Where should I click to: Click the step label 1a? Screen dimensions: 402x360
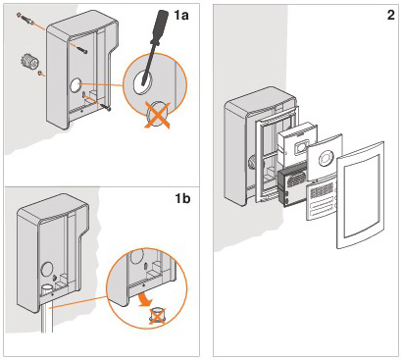pos(181,15)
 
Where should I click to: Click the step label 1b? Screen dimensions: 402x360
pos(182,198)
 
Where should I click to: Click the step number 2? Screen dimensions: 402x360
pos(390,15)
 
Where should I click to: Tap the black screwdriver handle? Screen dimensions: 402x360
pos(161,26)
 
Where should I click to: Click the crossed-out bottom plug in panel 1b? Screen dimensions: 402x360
pos(156,316)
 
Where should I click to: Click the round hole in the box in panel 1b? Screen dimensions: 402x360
pos(47,271)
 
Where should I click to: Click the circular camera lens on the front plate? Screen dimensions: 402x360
pos(326,159)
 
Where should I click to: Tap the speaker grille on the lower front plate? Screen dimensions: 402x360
pos(323,190)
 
